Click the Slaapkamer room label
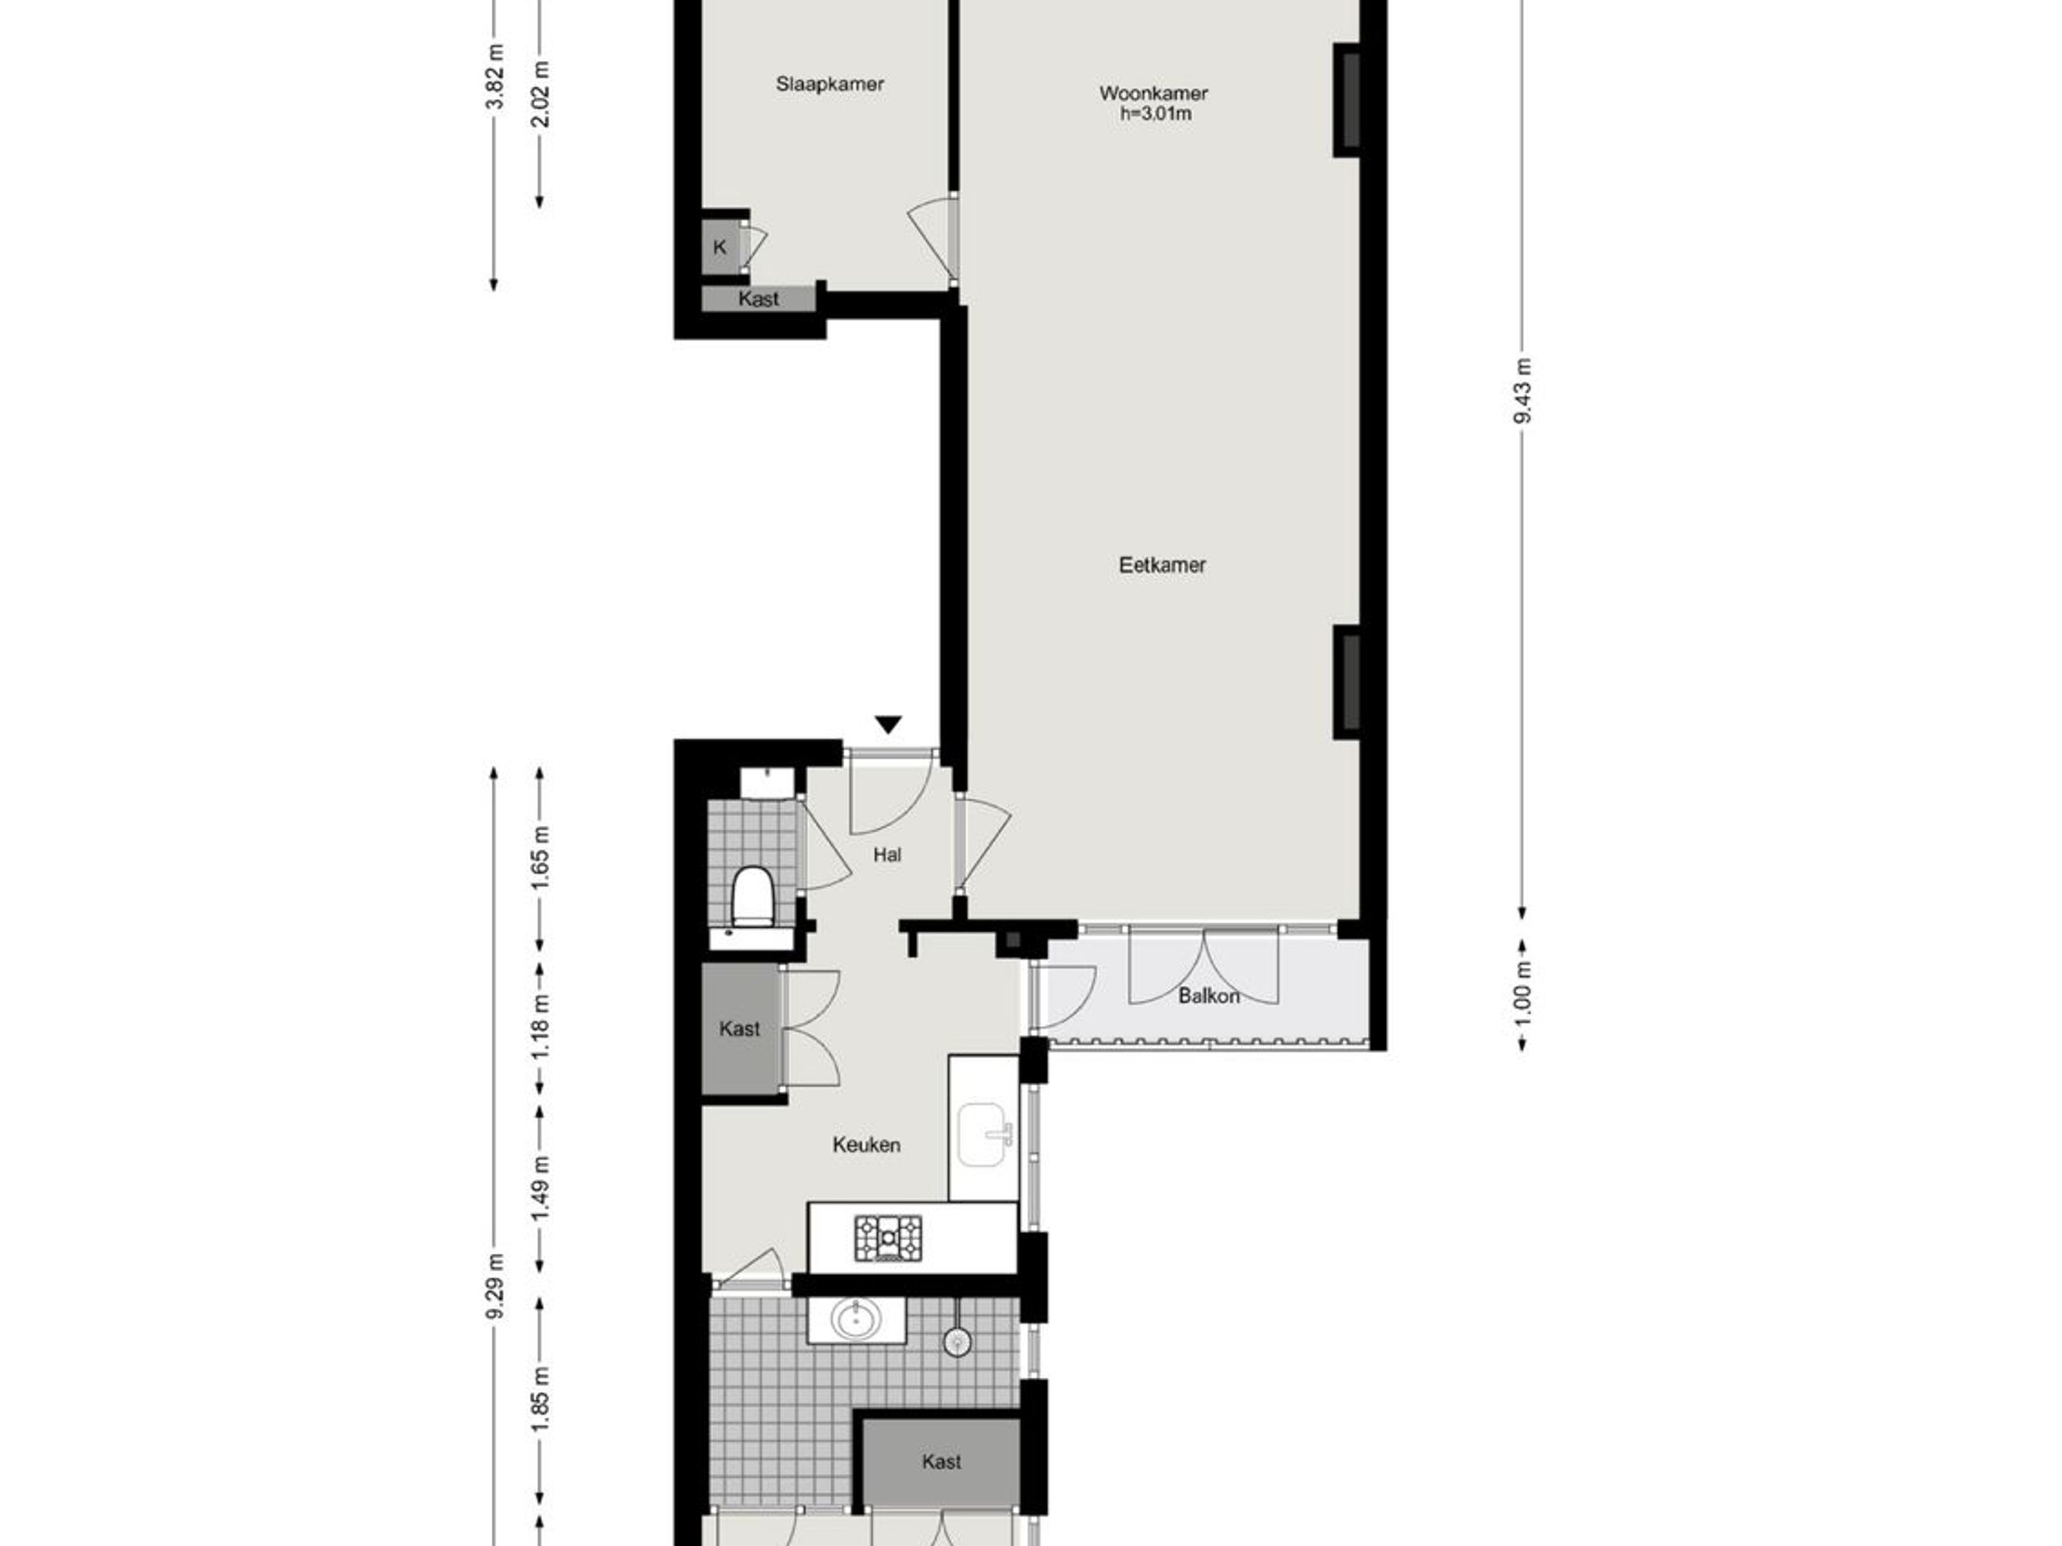click(830, 85)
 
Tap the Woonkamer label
click(1153, 93)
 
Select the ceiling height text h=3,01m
click(1156, 114)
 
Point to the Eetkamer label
click(1162, 564)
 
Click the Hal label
click(888, 854)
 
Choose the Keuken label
click(866, 1145)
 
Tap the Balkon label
click(1209, 996)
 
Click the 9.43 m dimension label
click(1522, 391)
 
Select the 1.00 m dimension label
click(1522, 993)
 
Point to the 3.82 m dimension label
click(495, 76)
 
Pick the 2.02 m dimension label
click(541, 93)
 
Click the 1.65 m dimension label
click(541, 858)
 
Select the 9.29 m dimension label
click(495, 1286)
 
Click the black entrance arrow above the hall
click(888, 724)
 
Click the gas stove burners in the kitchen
click(888, 1238)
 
